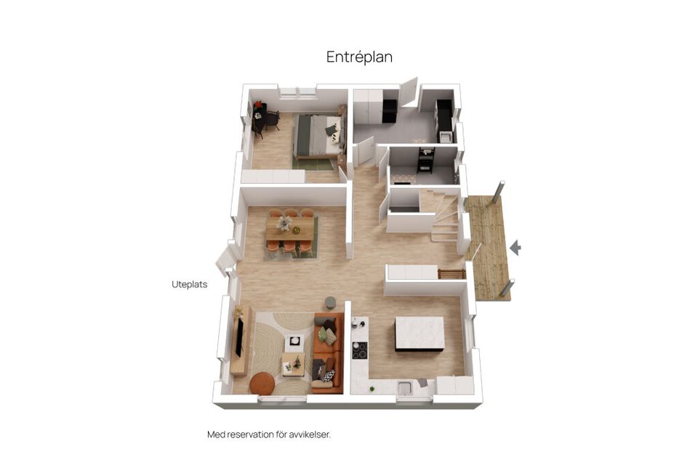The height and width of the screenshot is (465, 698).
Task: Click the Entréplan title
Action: pyautogui.click(x=359, y=57)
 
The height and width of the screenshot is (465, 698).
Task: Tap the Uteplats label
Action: pyautogui.click(x=189, y=285)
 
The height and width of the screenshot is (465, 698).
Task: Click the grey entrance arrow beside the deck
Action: pyautogui.click(x=516, y=248)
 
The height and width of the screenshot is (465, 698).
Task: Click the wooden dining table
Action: pyautogui.click(x=290, y=229)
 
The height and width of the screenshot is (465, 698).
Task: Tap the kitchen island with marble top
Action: pyautogui.click(x=420, y=333)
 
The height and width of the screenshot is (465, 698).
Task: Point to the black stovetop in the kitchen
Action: pyautogui.click(x=359, y=349)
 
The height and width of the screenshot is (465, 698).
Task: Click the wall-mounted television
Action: pyautogui.click(x=238, y=338)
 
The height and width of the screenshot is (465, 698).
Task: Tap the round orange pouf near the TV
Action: pyautogui.click(x=262, y=382)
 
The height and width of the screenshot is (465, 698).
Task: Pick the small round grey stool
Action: pyautogui.click(x=331, y=302)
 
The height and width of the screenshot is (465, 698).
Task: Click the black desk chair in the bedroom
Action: pyautogui.click(x=271, y=120)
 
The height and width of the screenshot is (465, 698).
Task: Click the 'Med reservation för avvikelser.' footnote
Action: pyautogui.click(x=269, y=434)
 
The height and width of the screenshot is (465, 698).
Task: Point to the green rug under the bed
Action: pyautogui.click(x=315, y=163)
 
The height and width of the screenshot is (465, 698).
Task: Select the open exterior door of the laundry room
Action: pyautogui.click(x=409, y=92)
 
